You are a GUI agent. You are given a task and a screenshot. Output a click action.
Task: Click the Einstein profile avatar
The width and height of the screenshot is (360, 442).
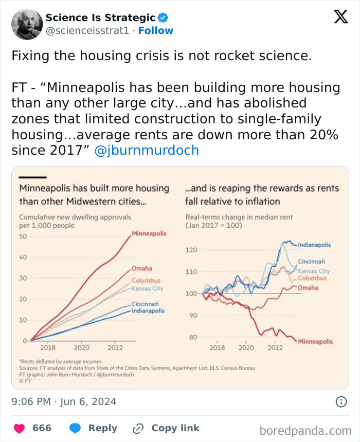pos(27,24)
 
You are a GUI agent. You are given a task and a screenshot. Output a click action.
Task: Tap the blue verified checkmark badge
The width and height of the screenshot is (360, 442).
pos(163,18)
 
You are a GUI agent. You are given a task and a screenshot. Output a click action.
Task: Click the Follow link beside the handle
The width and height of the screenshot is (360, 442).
pos(156,30)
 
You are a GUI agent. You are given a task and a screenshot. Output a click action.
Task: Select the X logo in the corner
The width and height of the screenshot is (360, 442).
pos(340,17)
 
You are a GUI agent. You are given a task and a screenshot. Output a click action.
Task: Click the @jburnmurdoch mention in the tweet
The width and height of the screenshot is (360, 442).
pos(147,151)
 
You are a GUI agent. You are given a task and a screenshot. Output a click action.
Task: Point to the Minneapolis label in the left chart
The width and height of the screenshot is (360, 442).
pos(149,233)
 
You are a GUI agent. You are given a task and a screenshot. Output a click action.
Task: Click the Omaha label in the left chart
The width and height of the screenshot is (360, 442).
pos(142,269)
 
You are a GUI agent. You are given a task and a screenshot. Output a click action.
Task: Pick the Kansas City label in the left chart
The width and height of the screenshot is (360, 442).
pos(147,289)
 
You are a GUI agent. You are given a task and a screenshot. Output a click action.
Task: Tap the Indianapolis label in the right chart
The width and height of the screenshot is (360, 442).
pos(315,245)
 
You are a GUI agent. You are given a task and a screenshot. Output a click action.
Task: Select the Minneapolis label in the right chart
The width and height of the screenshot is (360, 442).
pos(315,341)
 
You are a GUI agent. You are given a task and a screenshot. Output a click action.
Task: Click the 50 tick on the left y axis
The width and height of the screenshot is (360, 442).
pos(23,236)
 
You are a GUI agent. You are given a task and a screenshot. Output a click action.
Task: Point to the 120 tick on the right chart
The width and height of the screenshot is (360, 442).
pos(191,250)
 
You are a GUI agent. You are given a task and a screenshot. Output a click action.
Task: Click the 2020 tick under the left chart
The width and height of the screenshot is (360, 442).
pos(81,348)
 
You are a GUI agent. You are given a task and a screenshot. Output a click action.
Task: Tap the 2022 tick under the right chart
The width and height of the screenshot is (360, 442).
pos(275,348)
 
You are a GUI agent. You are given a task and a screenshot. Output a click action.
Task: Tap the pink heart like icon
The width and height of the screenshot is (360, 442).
pos(19,428)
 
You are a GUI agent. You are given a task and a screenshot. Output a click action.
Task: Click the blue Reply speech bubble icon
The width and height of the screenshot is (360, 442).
pos(76,428)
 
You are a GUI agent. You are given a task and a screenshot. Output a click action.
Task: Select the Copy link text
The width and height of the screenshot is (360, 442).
pos(175,428)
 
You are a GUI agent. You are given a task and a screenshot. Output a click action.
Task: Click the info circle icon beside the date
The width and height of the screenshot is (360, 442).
pos(341,402)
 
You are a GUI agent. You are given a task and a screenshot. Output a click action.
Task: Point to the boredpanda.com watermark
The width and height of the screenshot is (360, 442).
pos(305,430)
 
